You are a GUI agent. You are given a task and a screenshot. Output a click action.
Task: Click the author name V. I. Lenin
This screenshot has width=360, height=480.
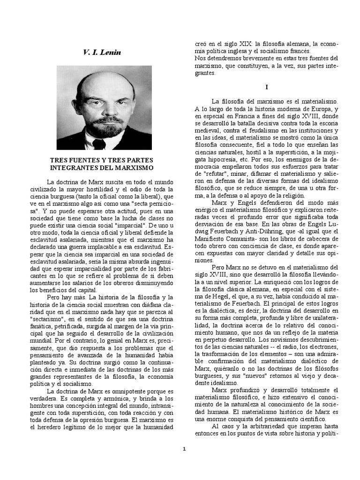point(102,52)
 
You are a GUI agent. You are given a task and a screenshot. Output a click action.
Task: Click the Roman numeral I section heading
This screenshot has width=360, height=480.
point(266,87)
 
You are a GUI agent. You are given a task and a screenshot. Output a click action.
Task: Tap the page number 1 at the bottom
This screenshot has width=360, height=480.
point(184,449)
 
